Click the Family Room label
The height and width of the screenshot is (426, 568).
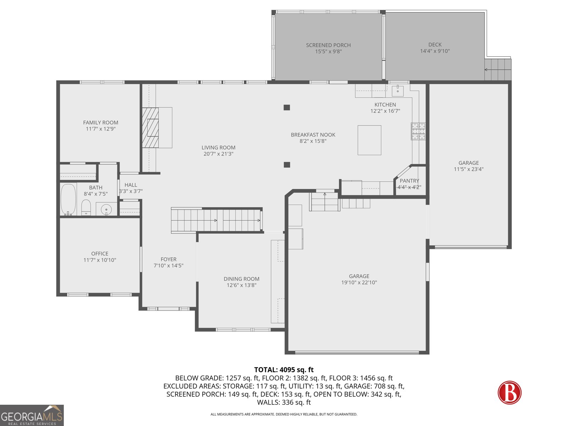click(x=100, y=122)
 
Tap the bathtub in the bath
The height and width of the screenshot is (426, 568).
click(x=68, y=199)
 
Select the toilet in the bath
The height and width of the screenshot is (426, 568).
click(x=86, y=207)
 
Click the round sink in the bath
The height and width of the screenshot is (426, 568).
click(x=106, y=209)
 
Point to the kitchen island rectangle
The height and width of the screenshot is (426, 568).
click(x=369, y=140)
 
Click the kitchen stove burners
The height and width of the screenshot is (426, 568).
click(x=418, y=131)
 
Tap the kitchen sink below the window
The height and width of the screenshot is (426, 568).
click(x=398, y=91)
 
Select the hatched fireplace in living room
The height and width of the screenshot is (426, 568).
click(x=151, y=127)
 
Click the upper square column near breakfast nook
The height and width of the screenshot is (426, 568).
click(x=287, y=107)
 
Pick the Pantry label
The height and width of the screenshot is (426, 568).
click(x=409, y=181)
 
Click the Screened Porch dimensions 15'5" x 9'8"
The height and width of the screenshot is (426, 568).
click(x=328, y=51)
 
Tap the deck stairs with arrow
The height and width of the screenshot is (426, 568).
click(x=498, y=69)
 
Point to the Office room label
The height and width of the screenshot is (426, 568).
click(x=100, y=253)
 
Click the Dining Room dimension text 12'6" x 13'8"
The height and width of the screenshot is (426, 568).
click(x=241, y=285)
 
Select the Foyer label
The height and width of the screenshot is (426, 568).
click(x=168, y=259)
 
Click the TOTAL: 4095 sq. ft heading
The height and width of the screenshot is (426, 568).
click(x=284, y=370)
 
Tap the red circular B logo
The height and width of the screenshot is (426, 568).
click(x=509, y=392)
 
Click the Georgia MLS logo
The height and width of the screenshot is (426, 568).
click(x=32, y=416)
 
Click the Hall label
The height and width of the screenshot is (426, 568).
click(x=131, y=185)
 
